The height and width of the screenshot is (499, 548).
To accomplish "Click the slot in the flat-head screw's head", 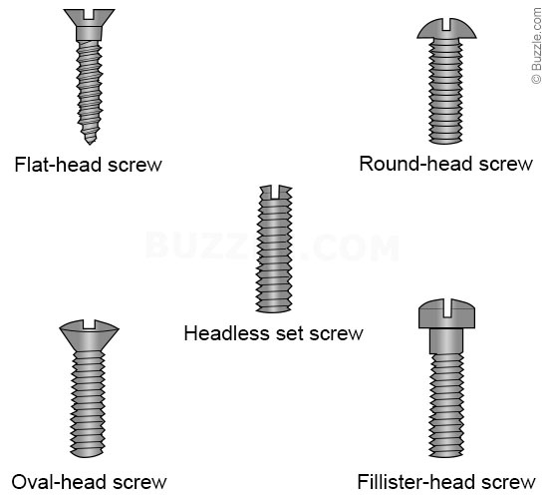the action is coord(89,14).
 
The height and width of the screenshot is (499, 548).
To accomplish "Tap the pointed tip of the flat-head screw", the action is coord(90,144).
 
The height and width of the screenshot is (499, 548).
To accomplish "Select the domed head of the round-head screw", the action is coord(446,28).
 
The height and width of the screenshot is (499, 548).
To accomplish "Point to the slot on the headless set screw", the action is coord(275,192).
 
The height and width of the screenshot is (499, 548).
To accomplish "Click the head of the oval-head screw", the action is coord(89,335).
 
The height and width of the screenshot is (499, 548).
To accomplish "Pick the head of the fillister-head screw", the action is coord(446,313).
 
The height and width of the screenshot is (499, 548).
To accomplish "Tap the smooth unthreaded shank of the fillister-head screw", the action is coord(446,341).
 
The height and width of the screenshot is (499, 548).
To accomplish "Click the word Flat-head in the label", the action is coord(59,165).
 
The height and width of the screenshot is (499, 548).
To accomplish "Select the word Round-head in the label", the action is coord(416,164).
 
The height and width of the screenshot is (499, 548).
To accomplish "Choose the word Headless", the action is coord(227,333).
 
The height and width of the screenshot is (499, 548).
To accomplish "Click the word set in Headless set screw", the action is coord(290,333).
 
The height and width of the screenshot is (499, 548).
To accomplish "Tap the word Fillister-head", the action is coord(416,482).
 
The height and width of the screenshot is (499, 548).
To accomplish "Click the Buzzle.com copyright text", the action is coord(536,46).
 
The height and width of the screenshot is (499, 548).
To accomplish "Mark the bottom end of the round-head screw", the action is coord(446,142).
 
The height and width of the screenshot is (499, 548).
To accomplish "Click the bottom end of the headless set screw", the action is coord(274,310).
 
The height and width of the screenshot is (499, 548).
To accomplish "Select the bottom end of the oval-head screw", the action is coord(88,454).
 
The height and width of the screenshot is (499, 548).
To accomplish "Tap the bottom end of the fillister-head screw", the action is coord(446,455).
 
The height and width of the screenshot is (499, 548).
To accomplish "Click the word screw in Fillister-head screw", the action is coord(508,483).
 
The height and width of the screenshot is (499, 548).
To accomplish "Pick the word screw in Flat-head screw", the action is coord(135,166).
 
